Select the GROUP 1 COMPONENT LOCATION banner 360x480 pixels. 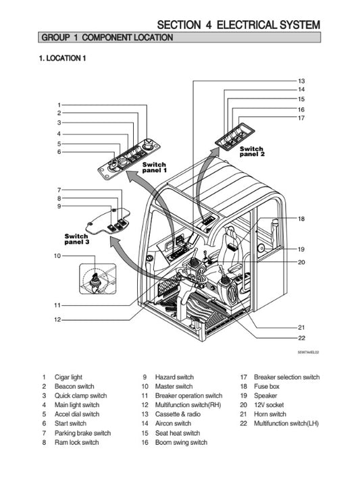click(107, 38)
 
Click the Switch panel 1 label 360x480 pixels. click(154, 167)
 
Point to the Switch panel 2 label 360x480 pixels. click(252, 151)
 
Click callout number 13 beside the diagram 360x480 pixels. click(301, 80)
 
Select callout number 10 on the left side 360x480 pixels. click(57, 256)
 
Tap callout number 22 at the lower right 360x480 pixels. click(301, 338)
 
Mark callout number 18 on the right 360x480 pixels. click(301, 219)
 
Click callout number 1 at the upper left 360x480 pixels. click(59, 105)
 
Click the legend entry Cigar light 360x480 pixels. click(68, 377)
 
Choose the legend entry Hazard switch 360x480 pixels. click(174, 377)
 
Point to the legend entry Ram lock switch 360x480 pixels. click(76, 442)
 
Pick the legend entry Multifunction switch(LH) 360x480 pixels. click(286, 423)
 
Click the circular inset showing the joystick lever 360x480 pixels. click(95, 279)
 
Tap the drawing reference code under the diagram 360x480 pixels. click(308, 352)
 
